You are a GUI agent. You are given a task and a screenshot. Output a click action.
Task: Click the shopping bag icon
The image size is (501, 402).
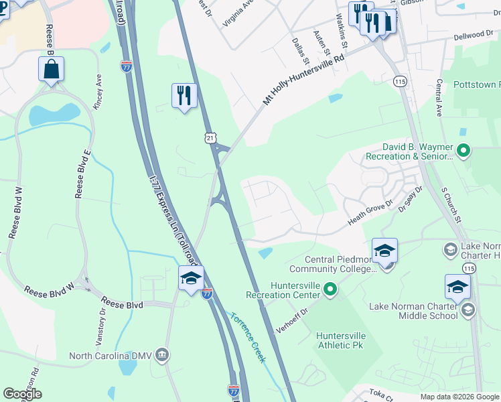52,69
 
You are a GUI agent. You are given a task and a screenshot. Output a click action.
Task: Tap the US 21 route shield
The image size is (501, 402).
211,137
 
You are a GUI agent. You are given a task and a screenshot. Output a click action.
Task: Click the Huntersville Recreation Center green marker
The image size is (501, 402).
330,289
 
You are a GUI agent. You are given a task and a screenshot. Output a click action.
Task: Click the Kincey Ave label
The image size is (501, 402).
98,92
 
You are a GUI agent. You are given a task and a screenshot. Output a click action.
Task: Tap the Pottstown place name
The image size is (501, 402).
477,85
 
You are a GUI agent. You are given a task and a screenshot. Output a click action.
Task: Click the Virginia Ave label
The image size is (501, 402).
239,11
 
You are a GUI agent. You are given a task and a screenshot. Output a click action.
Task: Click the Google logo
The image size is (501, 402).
22,394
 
